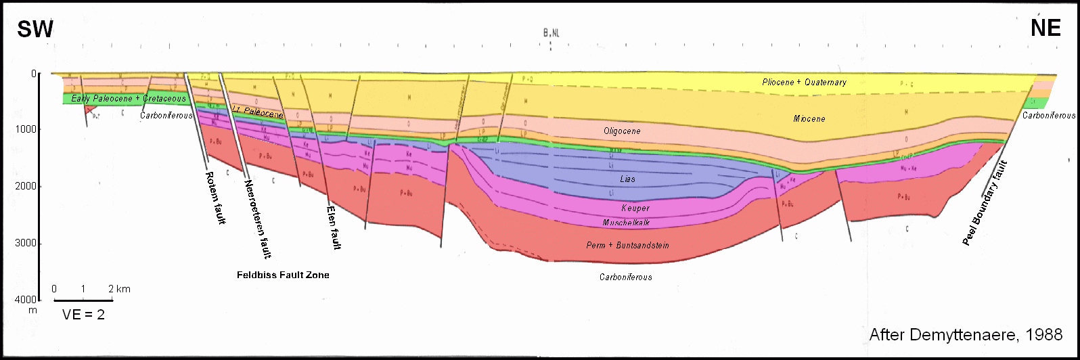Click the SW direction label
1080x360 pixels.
pyautogui.click(x=35, y=29)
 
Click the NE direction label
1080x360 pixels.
pyautogui.click(x=1045, y=28)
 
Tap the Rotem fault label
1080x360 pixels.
pyautogui.click(x=215, y=198)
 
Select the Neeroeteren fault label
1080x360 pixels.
pyautogui.click(x=258, y=219)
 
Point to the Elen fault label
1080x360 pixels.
pyautogui.click(x=334, y=227)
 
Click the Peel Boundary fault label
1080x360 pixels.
pyautogui.click(x=986, y=203)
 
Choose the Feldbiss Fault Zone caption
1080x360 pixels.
pyautogui.click(x=283, y=275)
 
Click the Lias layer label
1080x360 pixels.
pyautogui.click(x=627, y=179)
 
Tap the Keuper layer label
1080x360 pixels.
pyautogui.click(x=635, y=208)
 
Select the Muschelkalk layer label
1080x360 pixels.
pyautogui.click(x=626, y=223)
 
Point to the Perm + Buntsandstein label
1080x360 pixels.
pyautogui.click(x=627, y=245)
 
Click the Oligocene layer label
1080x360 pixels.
pyautogui.click(x=622, y=131)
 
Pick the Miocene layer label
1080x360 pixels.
pyautogui.click(x=809, y=119)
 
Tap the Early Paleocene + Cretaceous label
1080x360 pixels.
pyautogui.click(x=129, y=99)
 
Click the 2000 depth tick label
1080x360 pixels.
pyautogui.click(x=26, y=186)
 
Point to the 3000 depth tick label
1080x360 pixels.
pyautogui.click(x=26, y=244)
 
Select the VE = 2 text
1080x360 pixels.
pyautogui.click(x=83, y=315)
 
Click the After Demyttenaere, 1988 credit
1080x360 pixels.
pyautogui.click(x=966, y=335)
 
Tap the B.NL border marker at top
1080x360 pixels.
pyautogui.click(x=551, y=32)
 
